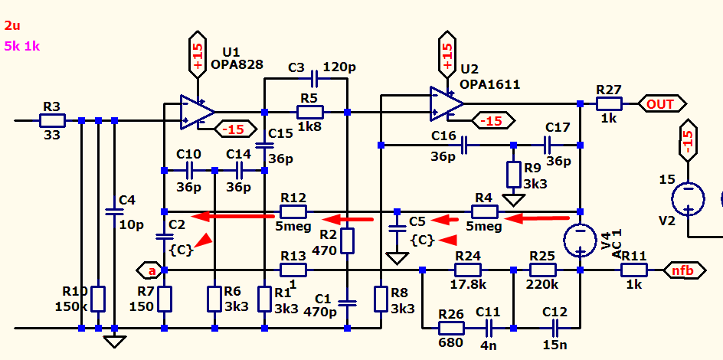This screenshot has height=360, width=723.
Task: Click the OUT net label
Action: [x=662, y=104]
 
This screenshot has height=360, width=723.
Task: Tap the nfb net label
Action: [x=684, y=270]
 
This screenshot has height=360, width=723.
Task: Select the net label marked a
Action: [x=151, y=270]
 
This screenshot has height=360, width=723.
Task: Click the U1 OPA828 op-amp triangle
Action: [x=198, y=112]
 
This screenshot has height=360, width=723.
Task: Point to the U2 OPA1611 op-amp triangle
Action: [x=447, y=103]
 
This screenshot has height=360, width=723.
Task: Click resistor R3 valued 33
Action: [x=52, y=121]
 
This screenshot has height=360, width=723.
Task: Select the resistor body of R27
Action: [x=609, y=103]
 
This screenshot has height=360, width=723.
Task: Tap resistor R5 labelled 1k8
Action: [x=310, y=112]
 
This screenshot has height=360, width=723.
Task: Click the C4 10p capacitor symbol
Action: [x=114, y=212]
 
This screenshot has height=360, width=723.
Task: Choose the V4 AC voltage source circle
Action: [x=581, y=241]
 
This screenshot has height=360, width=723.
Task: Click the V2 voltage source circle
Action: [x=688, y=199]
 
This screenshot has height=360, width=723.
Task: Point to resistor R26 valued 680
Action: [x=451, y=328]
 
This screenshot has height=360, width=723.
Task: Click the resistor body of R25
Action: [x=543, y=270]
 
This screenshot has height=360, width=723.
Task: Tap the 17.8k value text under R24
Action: [x=471, y=284]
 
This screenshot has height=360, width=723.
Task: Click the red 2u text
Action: [x=12, y=25]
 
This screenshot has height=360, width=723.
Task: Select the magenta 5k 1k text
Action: [x=22, y=47]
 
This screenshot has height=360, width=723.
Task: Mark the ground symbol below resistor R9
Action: [x=514, y=200]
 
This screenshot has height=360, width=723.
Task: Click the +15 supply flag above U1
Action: [x=198, y=54]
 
